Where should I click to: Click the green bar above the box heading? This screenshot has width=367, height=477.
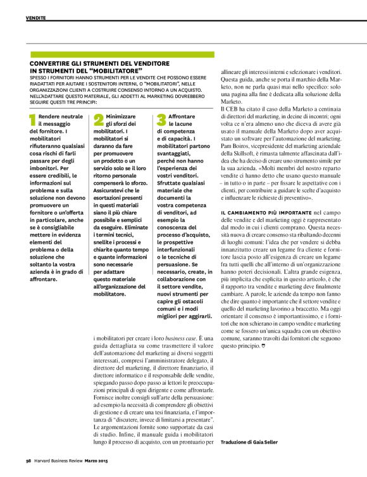[121, 55]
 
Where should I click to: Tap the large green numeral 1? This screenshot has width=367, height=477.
[33, 120]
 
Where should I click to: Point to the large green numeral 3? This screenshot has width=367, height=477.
[161, 120]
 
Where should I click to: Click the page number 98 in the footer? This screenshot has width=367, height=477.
[28, 460]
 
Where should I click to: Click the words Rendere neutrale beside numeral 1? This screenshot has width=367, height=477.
[61, 117]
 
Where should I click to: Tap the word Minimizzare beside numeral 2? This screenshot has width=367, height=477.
[121, 117]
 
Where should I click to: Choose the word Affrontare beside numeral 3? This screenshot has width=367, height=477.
[182, 117]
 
